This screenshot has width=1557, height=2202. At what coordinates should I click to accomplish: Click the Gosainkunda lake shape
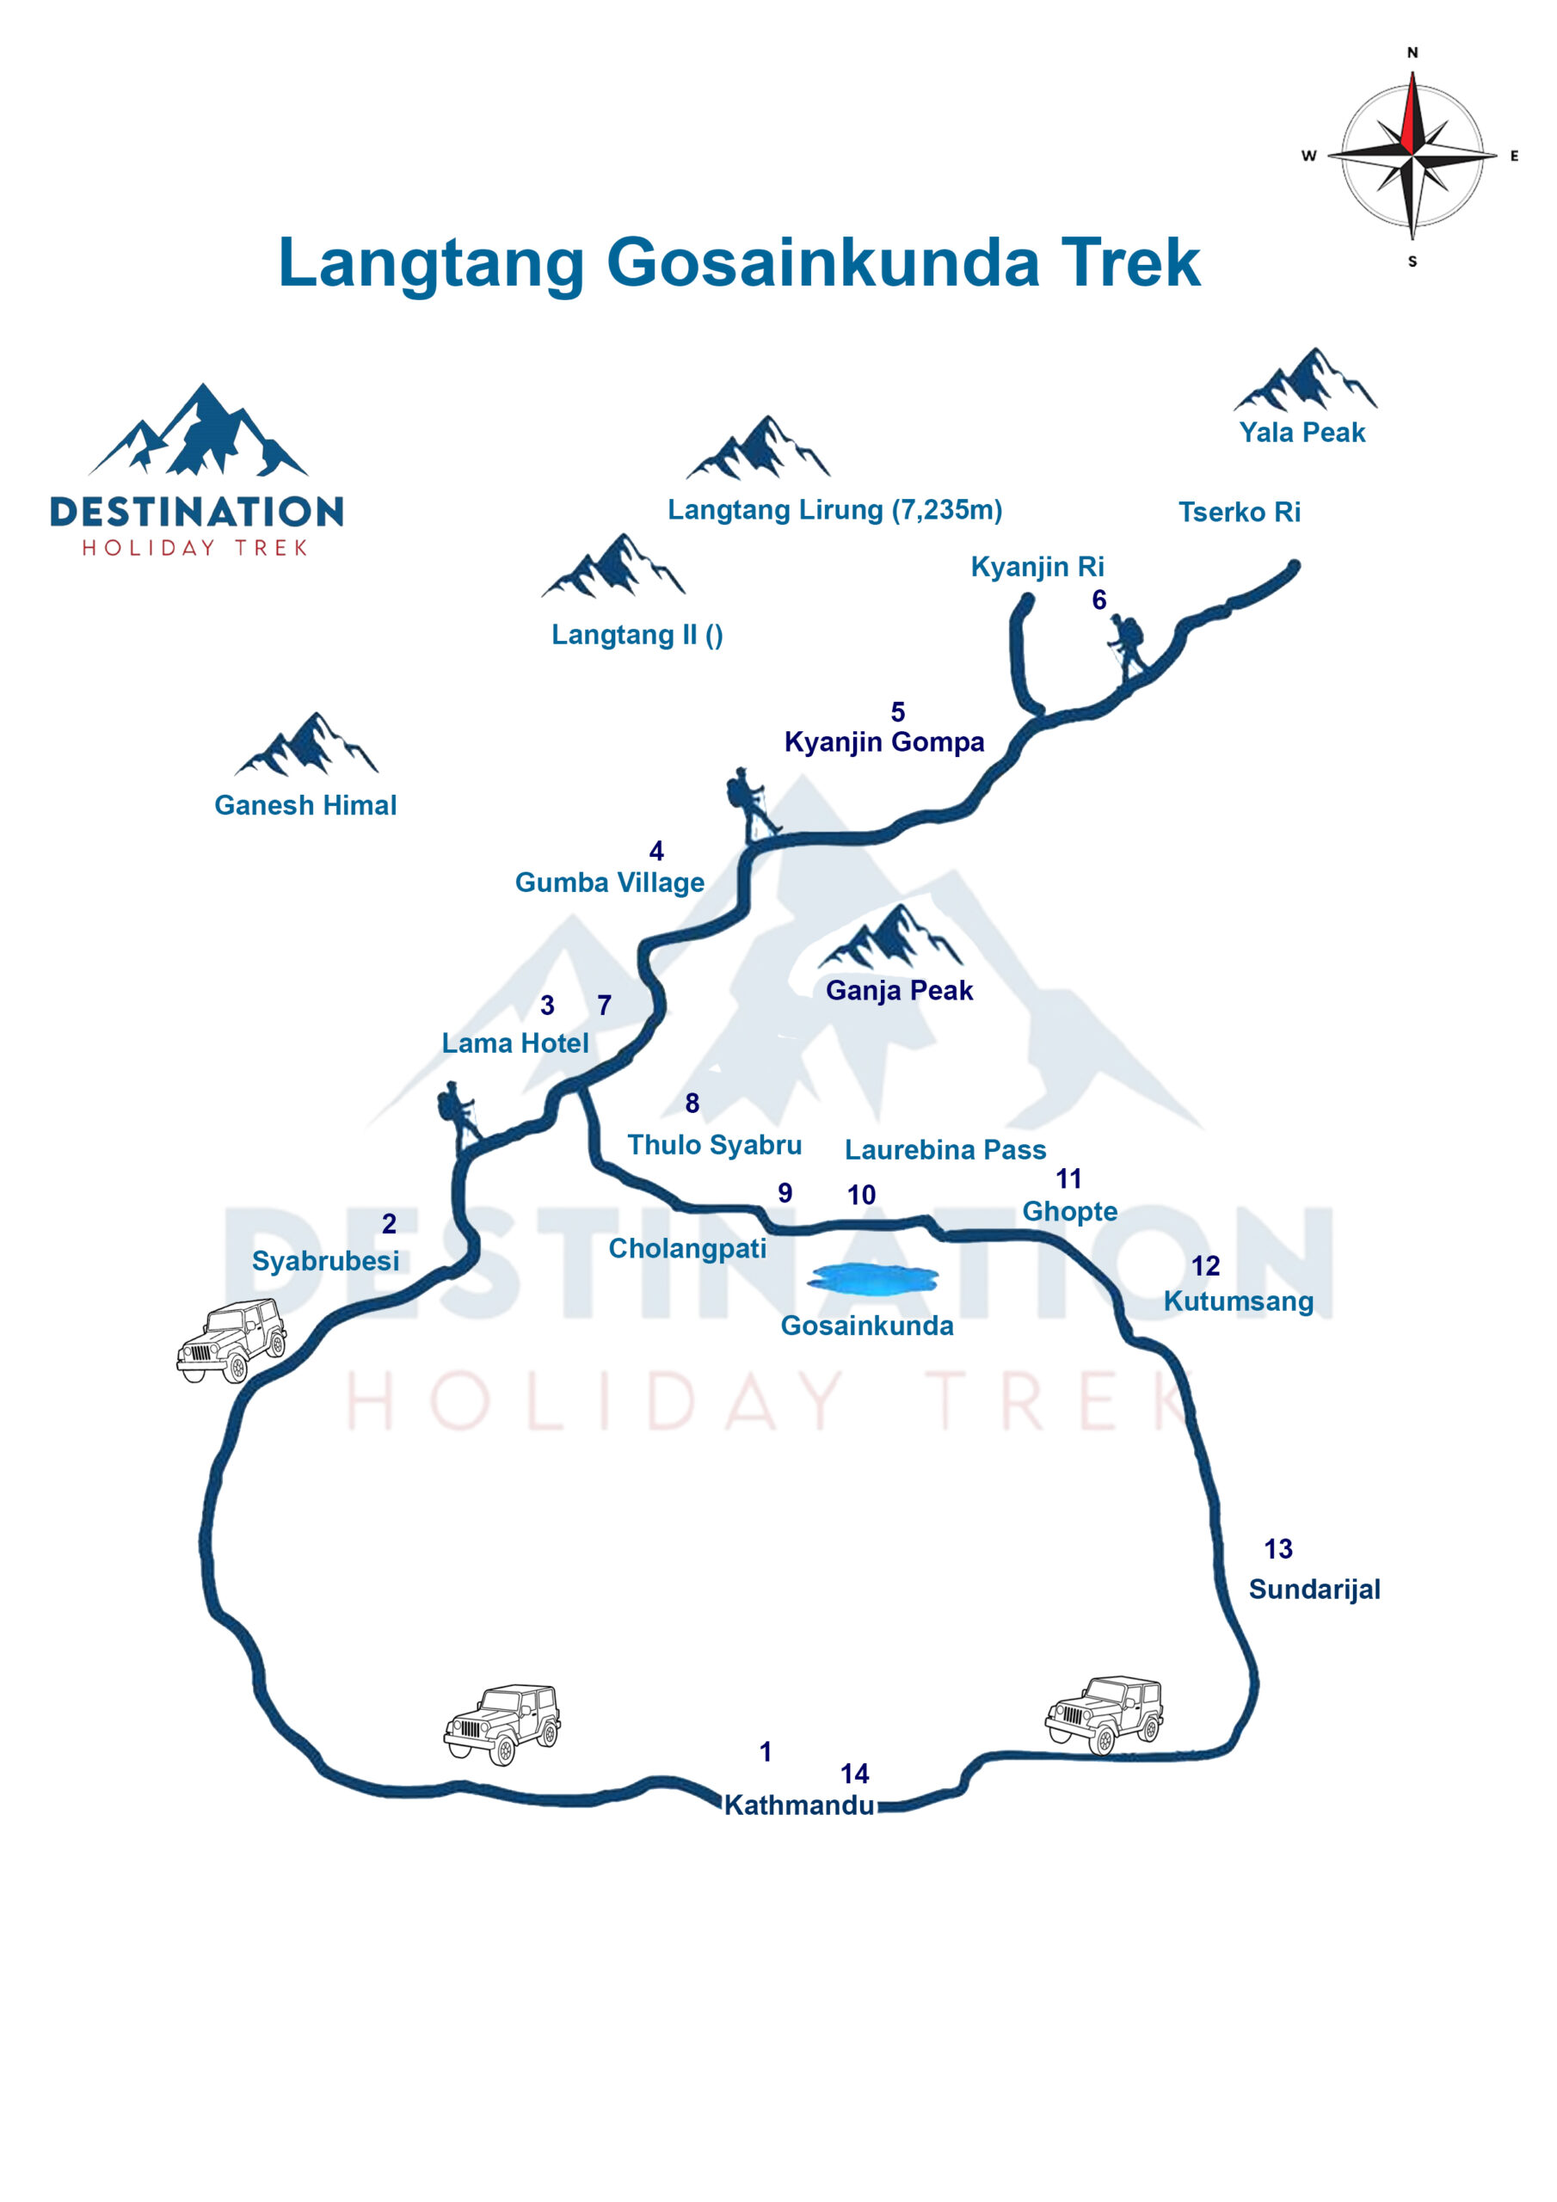coord(872,1278)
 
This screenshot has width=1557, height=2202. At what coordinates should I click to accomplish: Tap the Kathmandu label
coord(798,1805)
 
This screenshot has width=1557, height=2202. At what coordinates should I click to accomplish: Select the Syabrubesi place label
coord(325,1260)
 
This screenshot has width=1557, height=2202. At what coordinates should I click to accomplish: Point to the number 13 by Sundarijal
coord(1277,1549)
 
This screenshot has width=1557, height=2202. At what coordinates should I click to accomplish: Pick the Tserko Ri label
coord(1240,512)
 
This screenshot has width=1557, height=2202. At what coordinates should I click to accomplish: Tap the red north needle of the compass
coord(1409,115)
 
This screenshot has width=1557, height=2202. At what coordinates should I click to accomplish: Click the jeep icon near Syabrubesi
coord(231,1340)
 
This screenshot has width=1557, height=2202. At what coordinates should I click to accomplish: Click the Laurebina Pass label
coord(945,1150)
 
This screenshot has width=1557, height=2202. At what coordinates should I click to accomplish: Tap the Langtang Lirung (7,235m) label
coord(834,509)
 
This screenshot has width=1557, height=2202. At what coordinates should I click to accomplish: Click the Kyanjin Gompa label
coord(883,741)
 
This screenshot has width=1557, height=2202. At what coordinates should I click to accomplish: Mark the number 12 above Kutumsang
coord(1205,1266)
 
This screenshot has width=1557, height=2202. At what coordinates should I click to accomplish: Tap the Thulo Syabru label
coord(715,1145)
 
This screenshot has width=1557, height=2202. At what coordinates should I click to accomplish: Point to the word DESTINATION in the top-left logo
coord(197,511)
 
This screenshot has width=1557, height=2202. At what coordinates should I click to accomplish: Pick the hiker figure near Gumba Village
coord(752,803)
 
